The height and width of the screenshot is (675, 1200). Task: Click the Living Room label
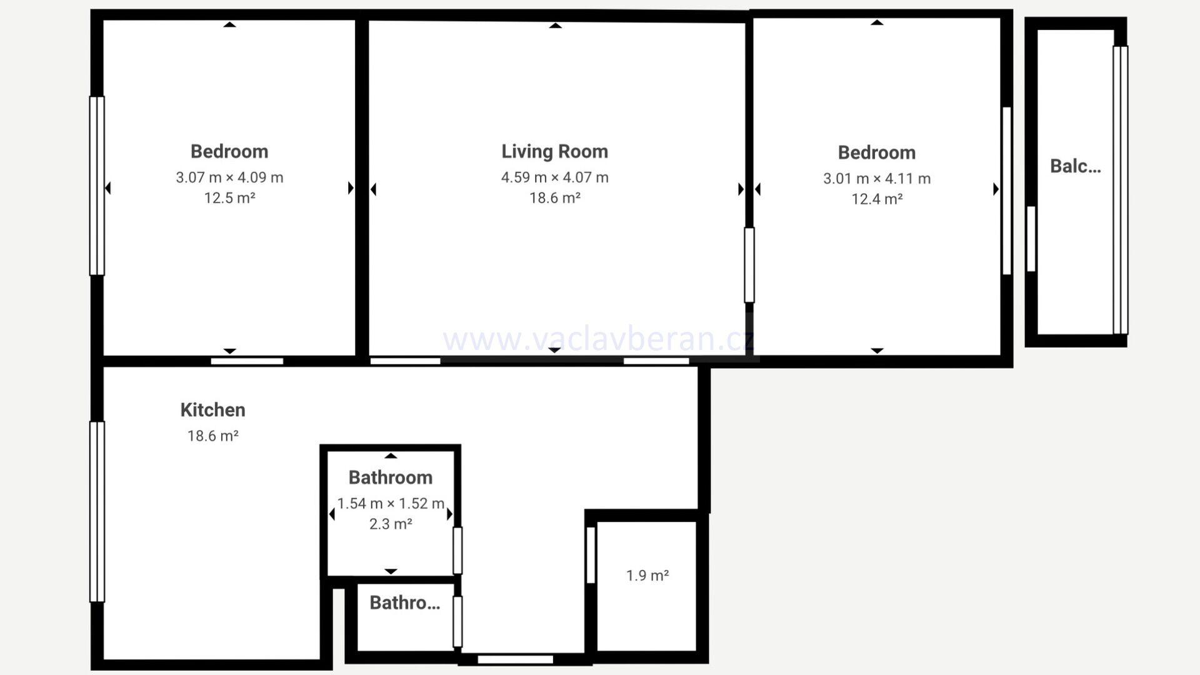click(x=554, y=151)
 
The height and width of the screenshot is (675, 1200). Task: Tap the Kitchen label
click(x=212, y=410)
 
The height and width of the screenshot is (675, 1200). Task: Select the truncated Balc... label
click(x=1075, y=166)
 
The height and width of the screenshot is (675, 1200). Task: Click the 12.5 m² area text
click(x=229, y=198)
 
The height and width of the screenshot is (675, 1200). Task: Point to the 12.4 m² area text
click(x=877, y=199)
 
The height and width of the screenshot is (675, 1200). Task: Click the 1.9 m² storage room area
click(x=647, y=575)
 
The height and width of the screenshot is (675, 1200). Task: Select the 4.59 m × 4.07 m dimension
click(x=554, y=177)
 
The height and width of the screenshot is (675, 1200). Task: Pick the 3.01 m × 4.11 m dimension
click(x=877, y=179)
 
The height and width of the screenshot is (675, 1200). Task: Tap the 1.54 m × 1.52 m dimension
click(x=391, y=504)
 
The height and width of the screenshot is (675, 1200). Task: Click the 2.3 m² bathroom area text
click(x=391, y=524)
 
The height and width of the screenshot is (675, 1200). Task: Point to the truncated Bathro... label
click(x=405, y=602)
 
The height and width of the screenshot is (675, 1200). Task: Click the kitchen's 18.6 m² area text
click(x=212, y=436)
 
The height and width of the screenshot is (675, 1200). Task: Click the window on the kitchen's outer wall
click(x=97, y=512)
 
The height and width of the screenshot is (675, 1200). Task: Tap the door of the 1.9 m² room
click(x=591, y=555)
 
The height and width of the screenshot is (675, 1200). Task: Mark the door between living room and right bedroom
click(x=749, y=265)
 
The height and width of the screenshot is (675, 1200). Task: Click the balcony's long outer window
click(x=1121, y=190)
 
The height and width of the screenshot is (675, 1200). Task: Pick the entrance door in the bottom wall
click(x=516, y=659)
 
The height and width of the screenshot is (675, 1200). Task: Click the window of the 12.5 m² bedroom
click(x=97, y=186)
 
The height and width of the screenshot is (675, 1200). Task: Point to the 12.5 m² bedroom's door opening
click(x=247, y=361)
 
